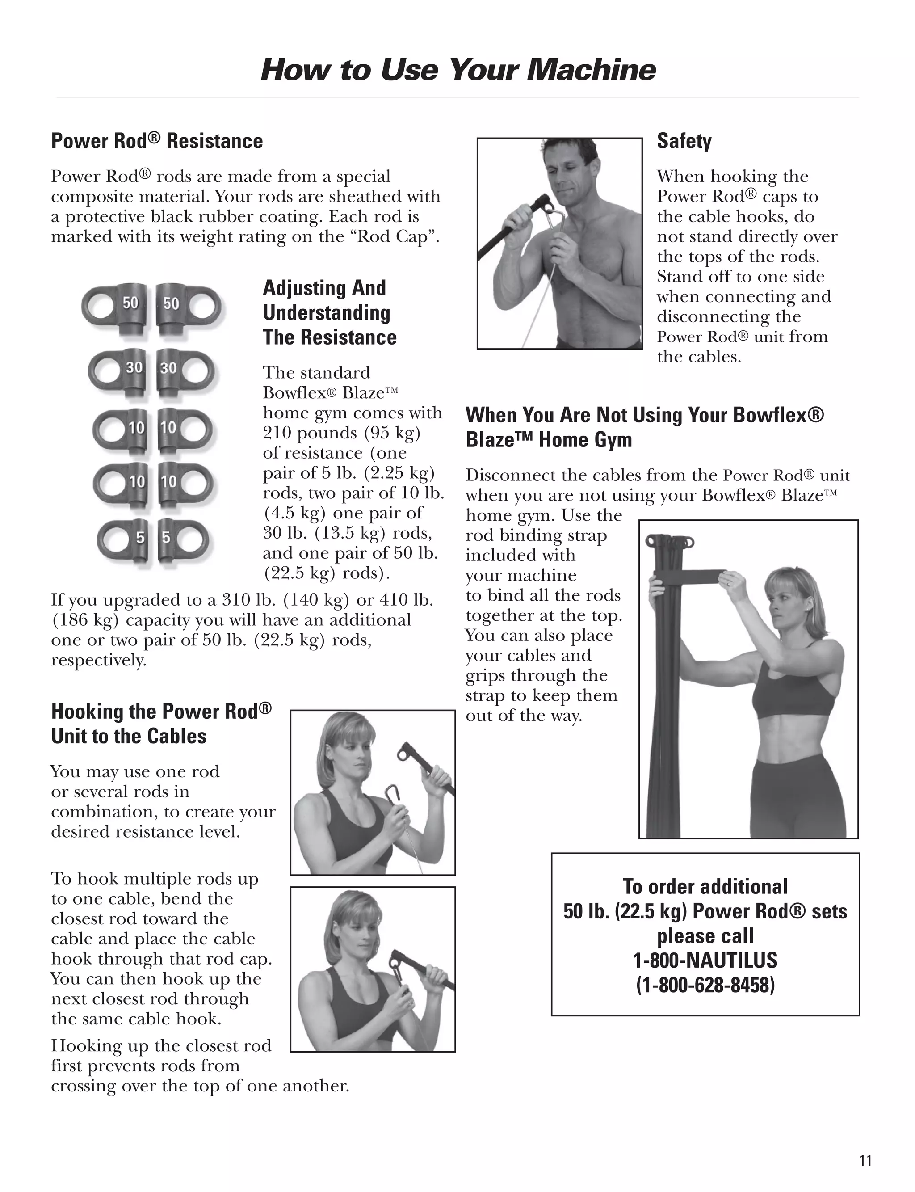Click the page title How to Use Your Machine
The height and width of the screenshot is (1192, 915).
pyautogui.click(x=457, y=70)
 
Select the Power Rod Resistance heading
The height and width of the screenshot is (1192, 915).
pyautogui.click(x=157, y=141)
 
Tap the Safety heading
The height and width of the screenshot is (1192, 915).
pyautogui.click(x=684, y=141)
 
